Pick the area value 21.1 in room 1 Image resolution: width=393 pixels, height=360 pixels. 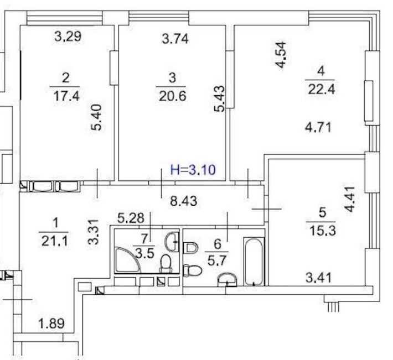[x=54, y=241]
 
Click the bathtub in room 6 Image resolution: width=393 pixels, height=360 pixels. [x=255, y=262]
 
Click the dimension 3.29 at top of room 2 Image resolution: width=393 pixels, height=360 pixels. [x=68, y=38]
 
